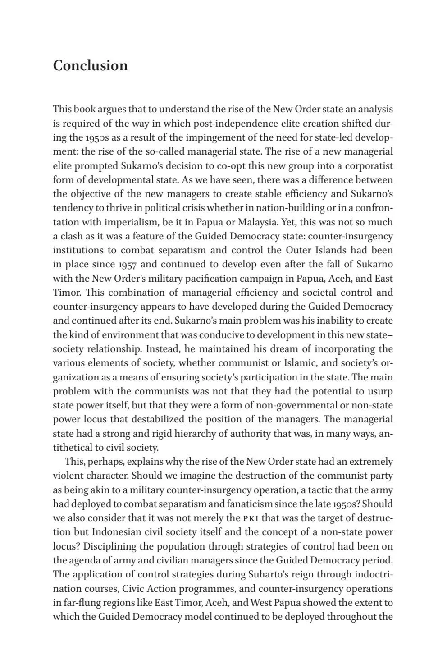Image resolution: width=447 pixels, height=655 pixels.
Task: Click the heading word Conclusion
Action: coord(90,66)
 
